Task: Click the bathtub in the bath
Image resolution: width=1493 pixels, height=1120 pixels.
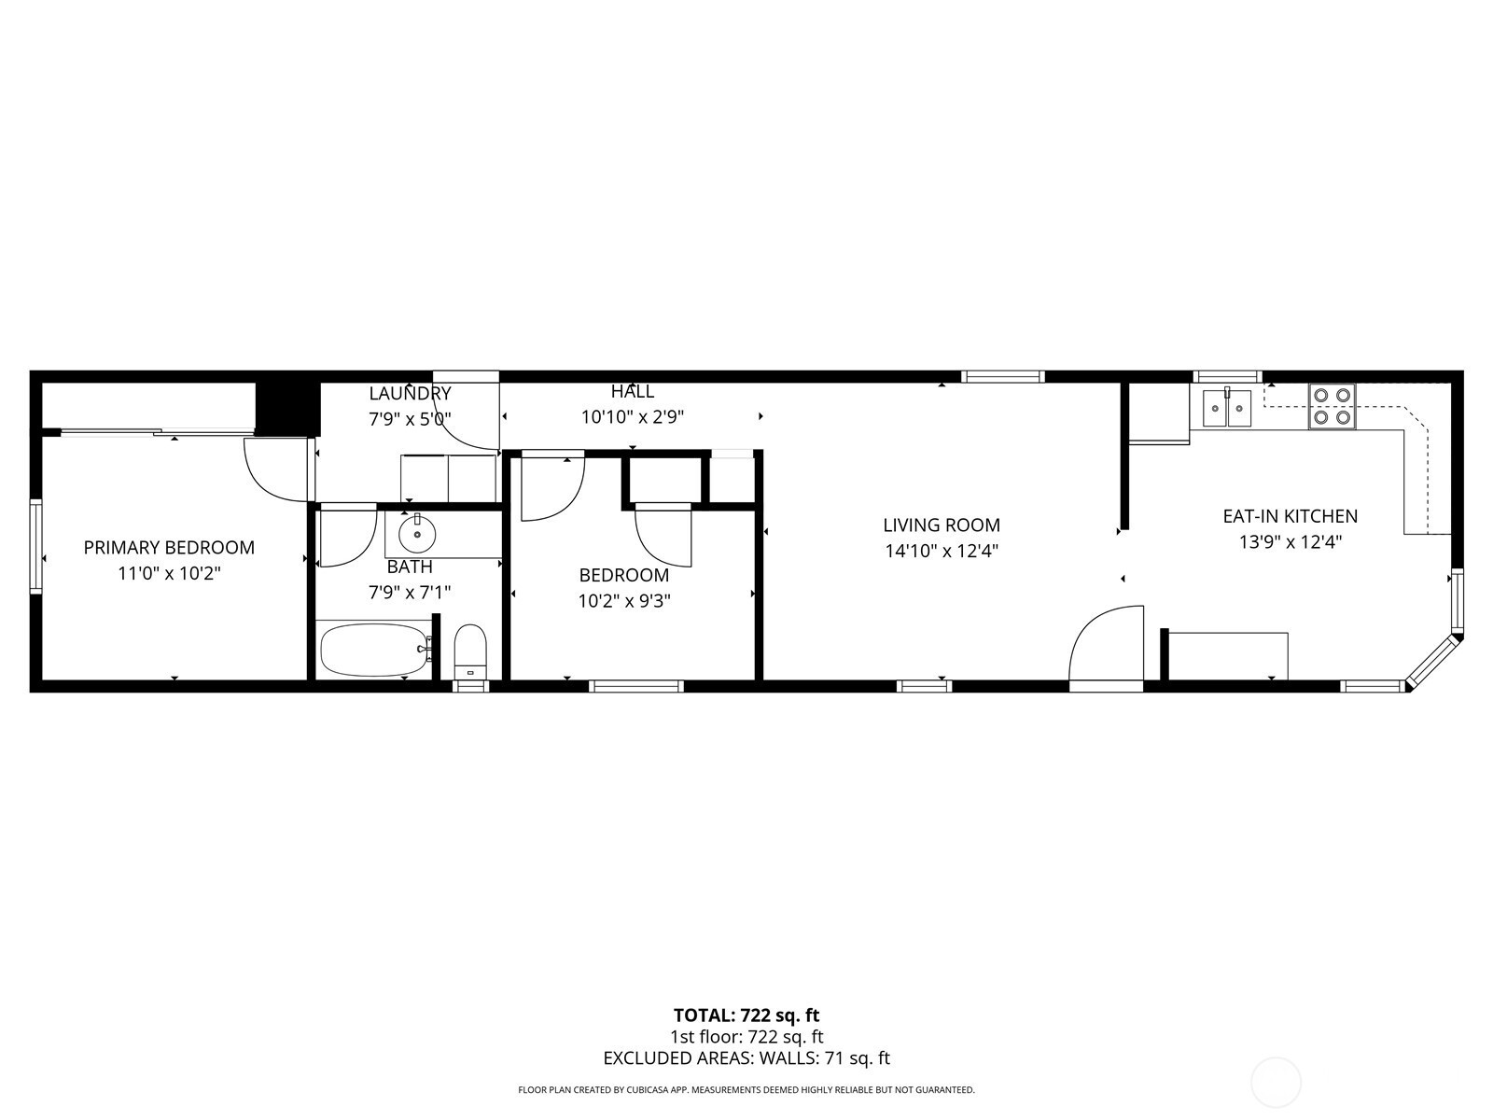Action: pos(375,650)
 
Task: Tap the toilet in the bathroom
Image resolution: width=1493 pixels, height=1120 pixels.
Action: pos(470,651)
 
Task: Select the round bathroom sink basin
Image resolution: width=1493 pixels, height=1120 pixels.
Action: pos(416,535)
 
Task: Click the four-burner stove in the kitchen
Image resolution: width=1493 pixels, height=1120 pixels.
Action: pos(1332,406)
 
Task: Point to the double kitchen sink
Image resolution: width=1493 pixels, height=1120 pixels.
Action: pos(1226,407)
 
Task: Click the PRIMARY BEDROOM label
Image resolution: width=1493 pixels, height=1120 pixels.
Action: pos(169,548)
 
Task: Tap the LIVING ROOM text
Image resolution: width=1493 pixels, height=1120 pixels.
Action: pos(942,525)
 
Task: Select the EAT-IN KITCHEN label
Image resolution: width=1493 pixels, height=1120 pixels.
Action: pos(1291,516)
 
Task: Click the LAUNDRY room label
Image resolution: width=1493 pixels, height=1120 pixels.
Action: pos(411,393)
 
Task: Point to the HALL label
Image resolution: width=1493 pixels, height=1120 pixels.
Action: pos(633,391)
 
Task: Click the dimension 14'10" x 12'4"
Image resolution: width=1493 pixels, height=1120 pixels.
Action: pos(942,551)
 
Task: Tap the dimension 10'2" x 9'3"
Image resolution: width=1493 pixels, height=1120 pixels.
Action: pos(624,601)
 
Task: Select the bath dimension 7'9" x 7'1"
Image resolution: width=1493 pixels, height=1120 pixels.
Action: pos(410,593)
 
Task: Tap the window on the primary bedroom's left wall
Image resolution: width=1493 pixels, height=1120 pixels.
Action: pos(35,547)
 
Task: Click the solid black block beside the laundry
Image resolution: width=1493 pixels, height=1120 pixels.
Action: pos(287,408)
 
